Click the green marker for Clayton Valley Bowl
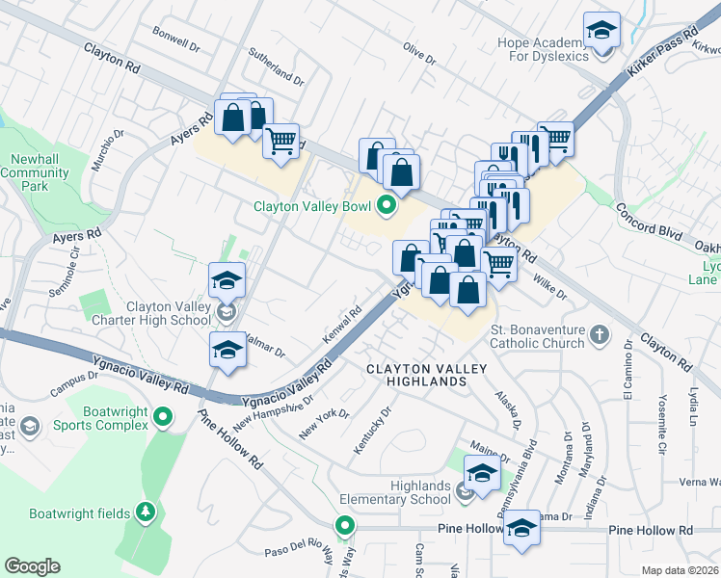pyautogui.click(x=387, y=204)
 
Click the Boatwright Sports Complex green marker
pyautogui.click(x=164, y=417)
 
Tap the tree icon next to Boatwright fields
pyautogui.click(x=146, y=512)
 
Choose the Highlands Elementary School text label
pyautogui.click(x=394, y=492)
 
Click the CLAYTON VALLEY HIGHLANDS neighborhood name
pyautogui.click(x=427, y=375)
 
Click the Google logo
pyautogui.click(x=32, y=565)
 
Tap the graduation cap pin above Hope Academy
pyautogui.click(x=602, y=32)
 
